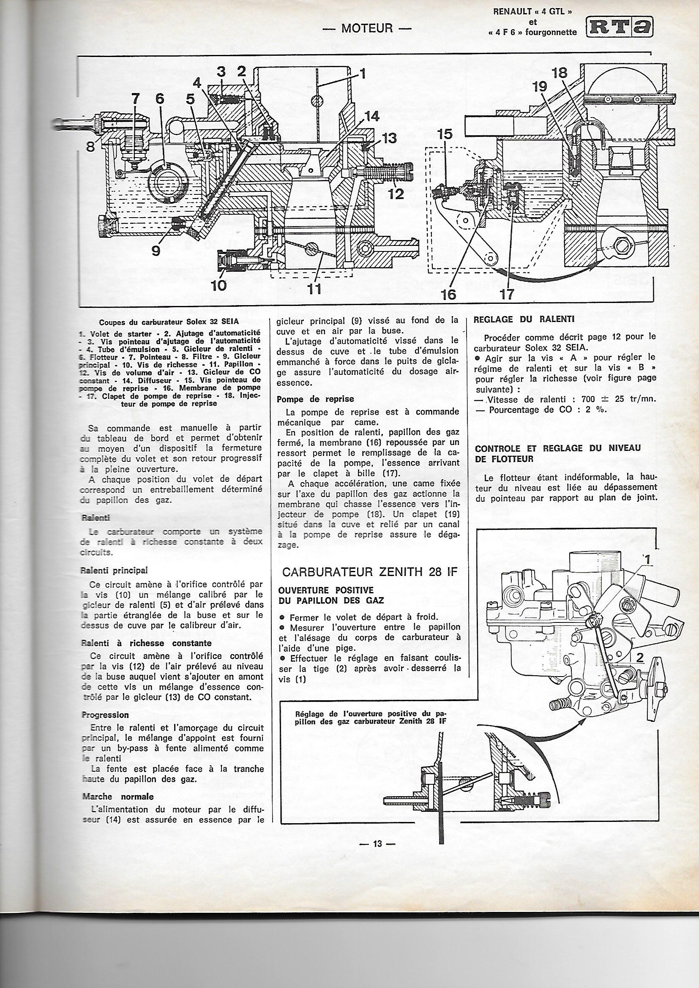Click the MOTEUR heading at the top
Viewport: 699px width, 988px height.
(x=367, y=28)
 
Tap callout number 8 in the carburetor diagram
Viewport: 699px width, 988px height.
(x=90, y=147)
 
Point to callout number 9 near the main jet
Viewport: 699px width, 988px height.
(x=155, y=250)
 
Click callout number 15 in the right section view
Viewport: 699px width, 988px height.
(x=445, y=135)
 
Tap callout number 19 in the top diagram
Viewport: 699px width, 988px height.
(x=539, y=87)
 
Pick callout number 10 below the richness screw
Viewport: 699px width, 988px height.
(x=220, y=285)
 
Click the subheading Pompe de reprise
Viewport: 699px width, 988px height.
(x=316, y=399)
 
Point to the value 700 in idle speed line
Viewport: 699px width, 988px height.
(x=588, y=399)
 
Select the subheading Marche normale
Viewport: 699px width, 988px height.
(x=117, y=925)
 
